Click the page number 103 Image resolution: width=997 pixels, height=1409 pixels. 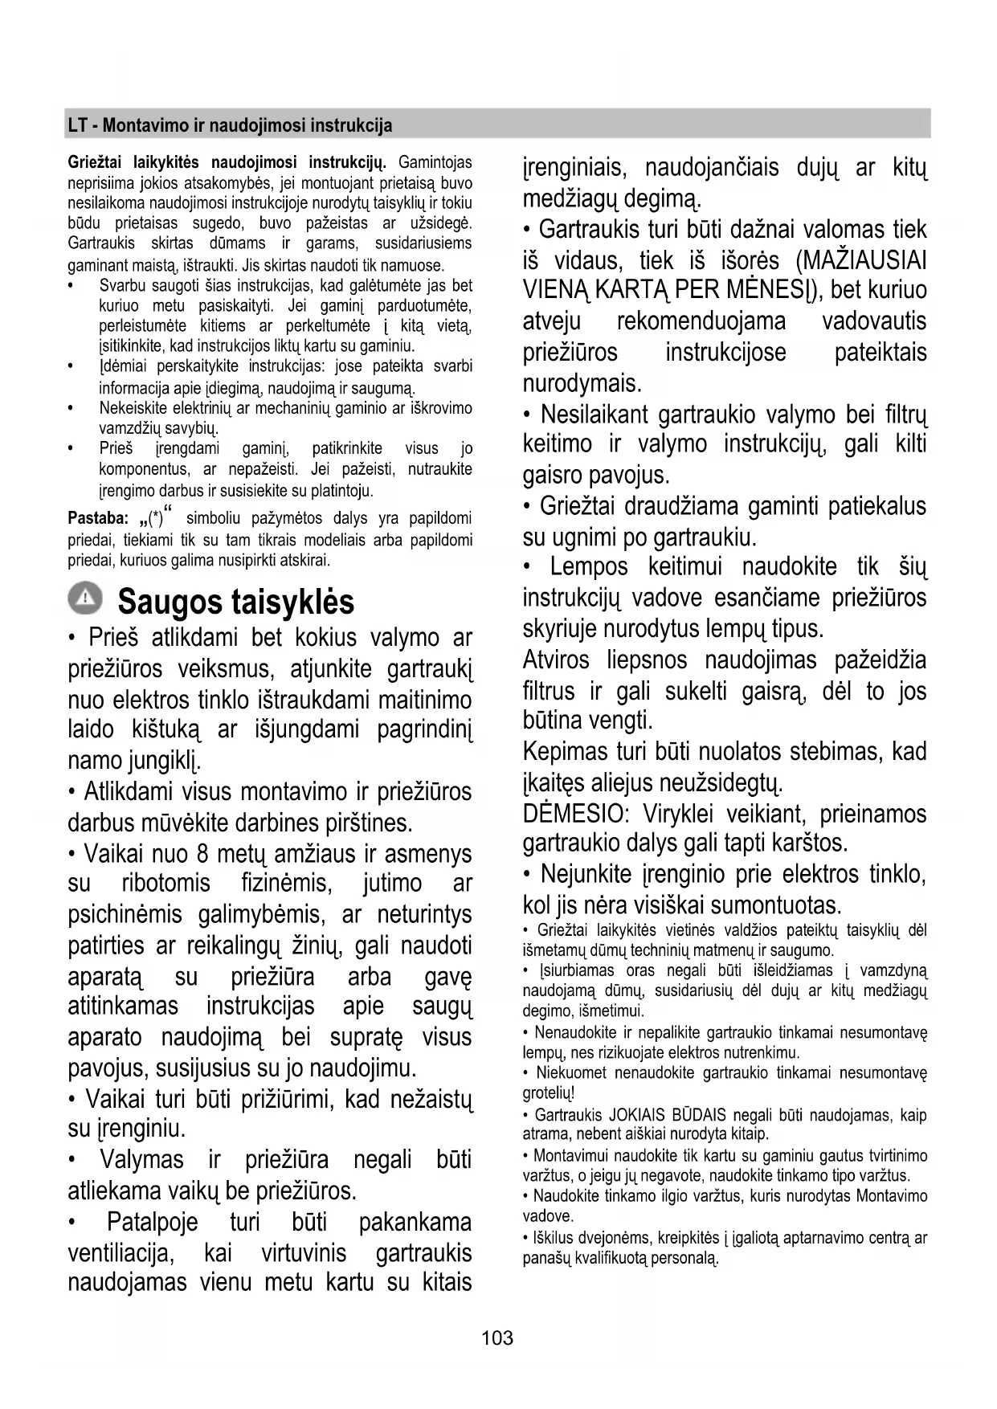point(497,1338)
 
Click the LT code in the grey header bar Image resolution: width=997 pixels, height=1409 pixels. point(77,125)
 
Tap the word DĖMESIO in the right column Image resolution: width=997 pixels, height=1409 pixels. point(574,814)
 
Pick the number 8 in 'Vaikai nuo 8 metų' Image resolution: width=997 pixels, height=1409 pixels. point(202,853)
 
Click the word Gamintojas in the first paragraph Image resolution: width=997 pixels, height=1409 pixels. point(435,163)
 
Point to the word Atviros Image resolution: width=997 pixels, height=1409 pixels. point(556,660)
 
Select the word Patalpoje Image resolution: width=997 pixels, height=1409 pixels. point(152,1223)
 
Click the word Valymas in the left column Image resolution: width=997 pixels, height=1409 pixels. point(141,1160)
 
